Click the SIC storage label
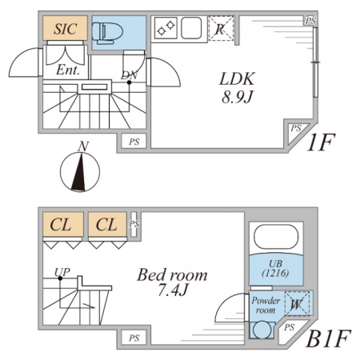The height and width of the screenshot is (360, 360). click(66, 29)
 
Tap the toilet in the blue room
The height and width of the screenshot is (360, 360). click(107, 33)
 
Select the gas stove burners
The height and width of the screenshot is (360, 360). click(166, 28)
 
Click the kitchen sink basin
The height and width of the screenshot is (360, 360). click(191, 28)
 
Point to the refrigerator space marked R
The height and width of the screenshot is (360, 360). click(221, 28)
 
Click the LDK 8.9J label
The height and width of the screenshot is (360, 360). click(237, 87)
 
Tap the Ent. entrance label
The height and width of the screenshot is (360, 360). click(68, 70)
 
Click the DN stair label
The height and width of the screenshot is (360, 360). click(130, 75)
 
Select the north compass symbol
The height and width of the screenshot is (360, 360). click(80, 168)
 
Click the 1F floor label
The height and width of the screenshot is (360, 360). click(321, 142)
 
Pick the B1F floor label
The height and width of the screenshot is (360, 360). click(328, 338)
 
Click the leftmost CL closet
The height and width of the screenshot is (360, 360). click(63, 225)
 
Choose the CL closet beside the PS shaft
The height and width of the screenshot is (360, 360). click(107, 225)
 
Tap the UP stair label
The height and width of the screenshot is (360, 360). click(62, 272)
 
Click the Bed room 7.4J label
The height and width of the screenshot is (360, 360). click(172, 282)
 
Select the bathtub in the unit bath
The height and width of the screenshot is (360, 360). click(276, 237)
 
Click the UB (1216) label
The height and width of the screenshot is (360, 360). click(276, 269)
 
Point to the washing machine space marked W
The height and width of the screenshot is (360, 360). click(298, 303)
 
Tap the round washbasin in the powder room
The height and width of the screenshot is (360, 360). click(262, 330)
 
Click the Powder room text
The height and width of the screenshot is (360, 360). click(266, 306)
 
